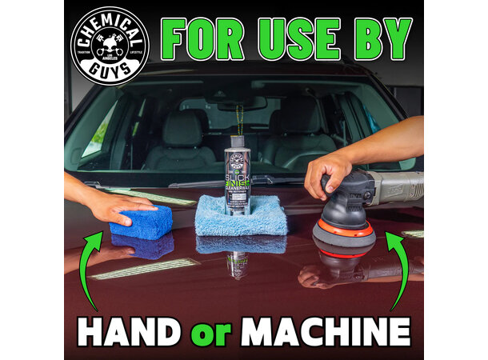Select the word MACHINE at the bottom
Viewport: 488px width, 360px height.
tap(337, 331)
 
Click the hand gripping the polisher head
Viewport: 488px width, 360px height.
tap(328, 171)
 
